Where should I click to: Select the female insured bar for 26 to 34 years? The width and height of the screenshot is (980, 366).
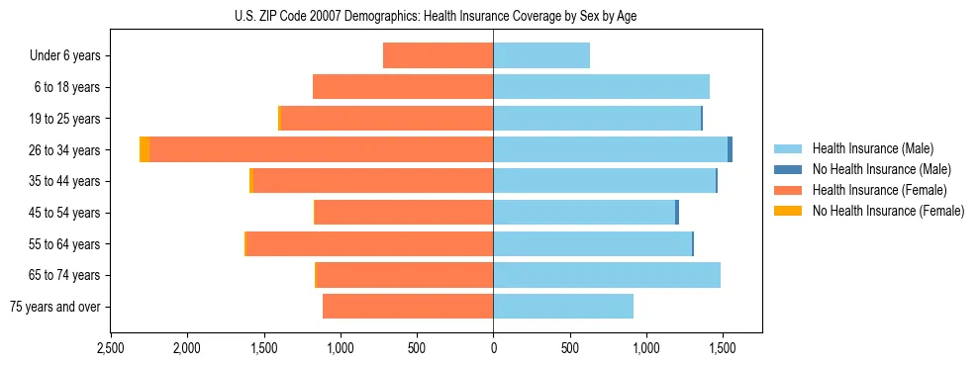click(x=322, y=149)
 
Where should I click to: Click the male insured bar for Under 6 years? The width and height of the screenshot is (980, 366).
click(x=541, y=55)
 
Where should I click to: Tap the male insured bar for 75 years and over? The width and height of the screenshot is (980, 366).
click(x=563, y=307)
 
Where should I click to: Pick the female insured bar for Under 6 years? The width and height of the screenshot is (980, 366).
click(x=438, y=55)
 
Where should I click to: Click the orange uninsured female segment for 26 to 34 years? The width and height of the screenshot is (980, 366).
click(x=145, y=149)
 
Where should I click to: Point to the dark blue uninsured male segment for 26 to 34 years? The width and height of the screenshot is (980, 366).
click(x=730, y=149)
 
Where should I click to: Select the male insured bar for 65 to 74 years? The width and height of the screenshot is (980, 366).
click(x=607, y=275)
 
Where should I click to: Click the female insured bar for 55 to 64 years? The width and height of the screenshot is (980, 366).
click(x=369, y=243)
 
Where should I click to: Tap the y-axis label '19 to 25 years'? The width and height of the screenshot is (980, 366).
click(x=66, y=119)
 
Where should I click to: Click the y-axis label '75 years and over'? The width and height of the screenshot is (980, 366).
click(x=54, y=307)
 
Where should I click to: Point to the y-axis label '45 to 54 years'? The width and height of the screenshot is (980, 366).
click(x=66, y=213)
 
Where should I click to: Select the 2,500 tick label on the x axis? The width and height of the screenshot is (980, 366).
click(x=110, y=349)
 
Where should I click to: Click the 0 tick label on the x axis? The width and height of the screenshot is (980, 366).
click(x=493, y=349)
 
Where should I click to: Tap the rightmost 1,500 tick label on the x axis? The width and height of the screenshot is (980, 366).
click(x=723, y=349)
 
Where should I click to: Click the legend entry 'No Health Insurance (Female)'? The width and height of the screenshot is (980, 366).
click(x=888, y=211)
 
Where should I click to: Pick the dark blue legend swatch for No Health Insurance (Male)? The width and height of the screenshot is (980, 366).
click(x=788, y=169)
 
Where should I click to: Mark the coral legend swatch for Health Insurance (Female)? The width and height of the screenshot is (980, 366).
click(x=788, y=190)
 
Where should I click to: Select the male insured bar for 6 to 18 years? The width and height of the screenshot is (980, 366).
click(x=601, y=87)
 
